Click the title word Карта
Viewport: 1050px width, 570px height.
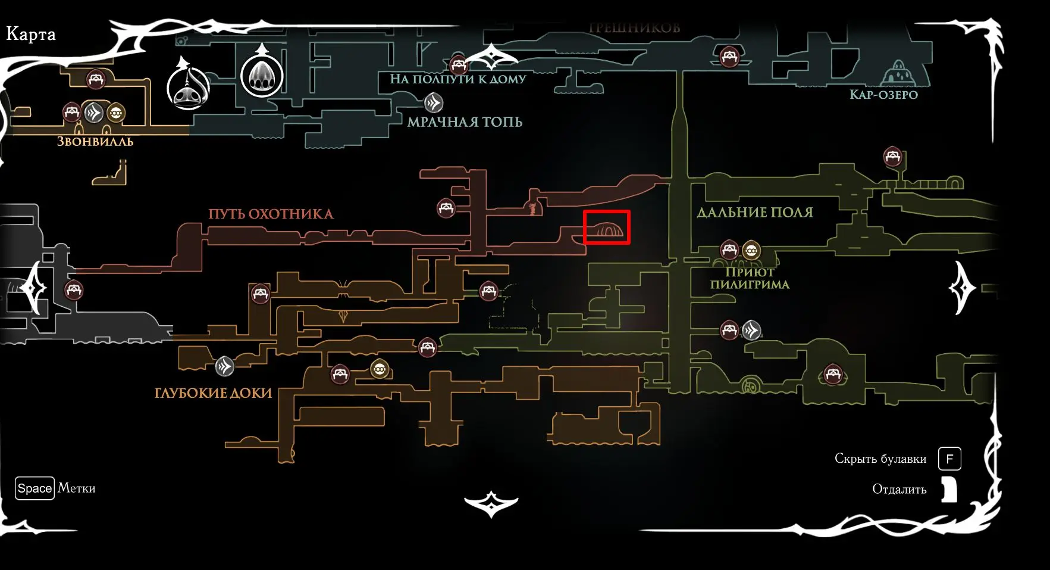[31, 34]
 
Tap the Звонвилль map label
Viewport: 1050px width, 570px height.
[95, 142]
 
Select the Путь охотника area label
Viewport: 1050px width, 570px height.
[271, 214]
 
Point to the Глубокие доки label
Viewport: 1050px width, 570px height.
[213, 393]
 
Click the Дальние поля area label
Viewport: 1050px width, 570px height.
[754, 212]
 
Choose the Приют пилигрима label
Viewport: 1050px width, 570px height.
[750, 278]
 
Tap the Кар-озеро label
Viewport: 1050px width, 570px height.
[883, 95]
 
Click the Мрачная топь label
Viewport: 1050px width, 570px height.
[465, 122]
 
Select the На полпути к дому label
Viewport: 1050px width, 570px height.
[457, 79]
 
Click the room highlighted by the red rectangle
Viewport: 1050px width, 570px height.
[606, 228]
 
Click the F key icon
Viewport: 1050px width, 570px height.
[949, 459]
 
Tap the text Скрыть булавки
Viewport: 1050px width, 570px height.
[880, 459]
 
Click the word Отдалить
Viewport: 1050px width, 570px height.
[899, 489]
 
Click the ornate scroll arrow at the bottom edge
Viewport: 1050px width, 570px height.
[491, 504]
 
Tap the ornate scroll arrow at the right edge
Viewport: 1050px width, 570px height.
[961, 288]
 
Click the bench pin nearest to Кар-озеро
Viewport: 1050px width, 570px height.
[729, 57]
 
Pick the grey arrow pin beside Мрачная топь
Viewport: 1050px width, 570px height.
[433, 103]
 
